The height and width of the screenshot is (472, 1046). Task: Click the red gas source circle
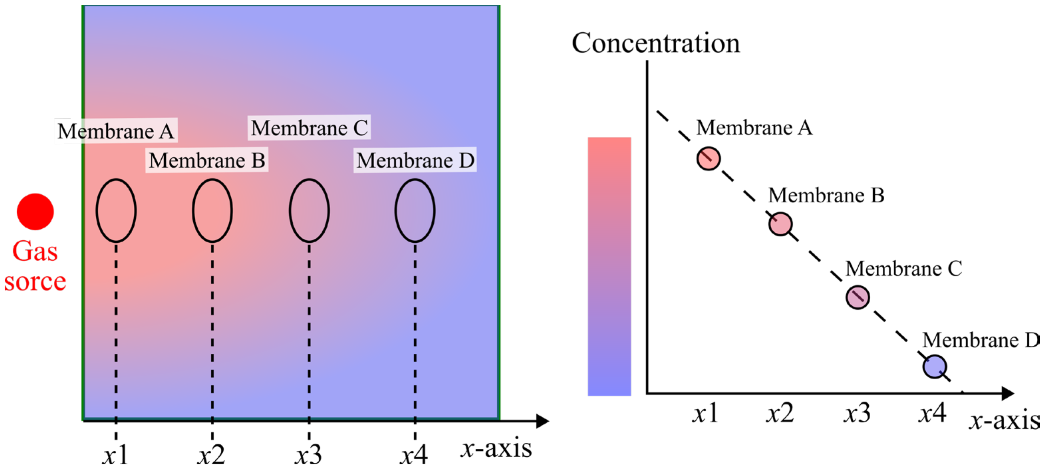[35, 211]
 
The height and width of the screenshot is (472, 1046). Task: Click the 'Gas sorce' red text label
[35, 266]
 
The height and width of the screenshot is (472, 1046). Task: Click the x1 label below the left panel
[115, 454]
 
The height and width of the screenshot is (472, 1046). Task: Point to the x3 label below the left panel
[308, 454]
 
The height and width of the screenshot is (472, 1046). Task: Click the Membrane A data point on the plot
[709, 158]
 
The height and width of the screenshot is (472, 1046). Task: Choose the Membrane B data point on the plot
[780, 224]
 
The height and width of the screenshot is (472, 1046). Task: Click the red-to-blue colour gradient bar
[609, 266]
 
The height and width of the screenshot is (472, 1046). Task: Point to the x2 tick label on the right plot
[780, 413]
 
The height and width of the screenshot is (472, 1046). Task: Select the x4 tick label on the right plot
[932, 413]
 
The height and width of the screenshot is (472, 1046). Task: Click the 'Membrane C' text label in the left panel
[309, 128]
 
